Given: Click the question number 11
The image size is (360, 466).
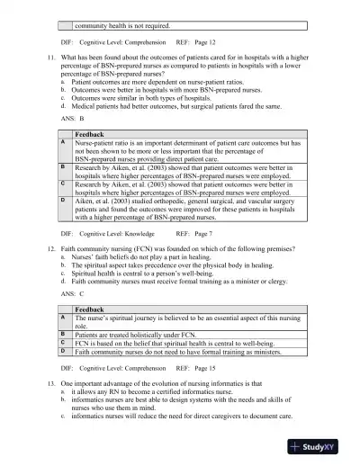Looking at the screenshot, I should click(52, 58).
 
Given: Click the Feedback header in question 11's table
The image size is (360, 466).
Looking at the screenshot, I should click(91, 134).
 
